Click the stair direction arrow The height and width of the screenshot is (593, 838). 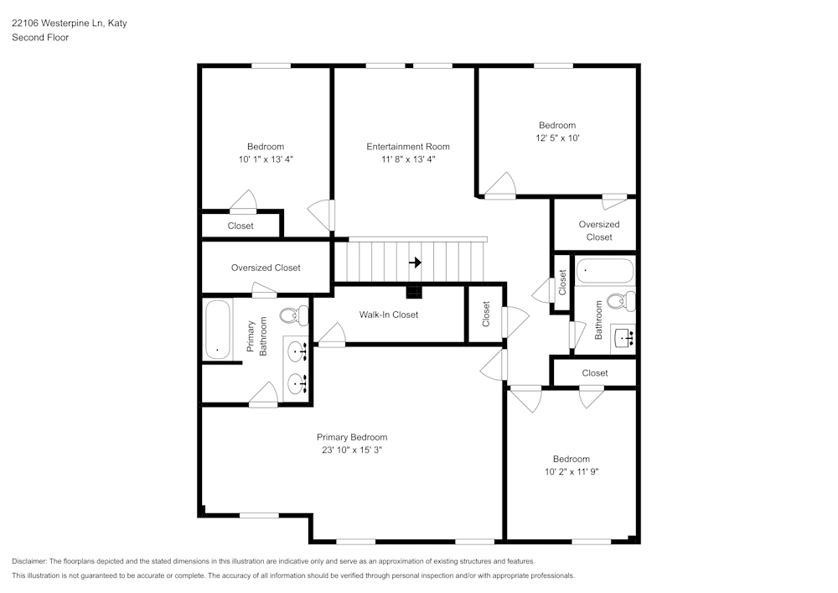click(415, 263)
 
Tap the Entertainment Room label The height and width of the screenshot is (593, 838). click(408, 147)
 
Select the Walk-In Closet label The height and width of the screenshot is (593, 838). click(389, 315)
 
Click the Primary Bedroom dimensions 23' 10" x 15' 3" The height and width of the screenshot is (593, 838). click(352, 450)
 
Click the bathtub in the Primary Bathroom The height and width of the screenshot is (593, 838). click(217, 330)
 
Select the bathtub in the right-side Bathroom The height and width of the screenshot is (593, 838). click(604, 272)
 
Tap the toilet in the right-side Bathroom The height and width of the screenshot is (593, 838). click(621, 300)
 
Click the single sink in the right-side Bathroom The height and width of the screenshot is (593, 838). click(623, 337)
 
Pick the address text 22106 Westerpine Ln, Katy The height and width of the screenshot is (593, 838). click(69, 24)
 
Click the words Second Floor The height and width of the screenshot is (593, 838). click(40, 38)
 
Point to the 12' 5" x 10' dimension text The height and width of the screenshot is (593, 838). click(557, 138)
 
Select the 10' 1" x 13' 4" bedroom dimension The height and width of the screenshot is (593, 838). click(266, 159)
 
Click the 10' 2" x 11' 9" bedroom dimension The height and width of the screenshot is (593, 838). click(571, 471)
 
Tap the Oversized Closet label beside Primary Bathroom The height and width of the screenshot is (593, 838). click(266, 268)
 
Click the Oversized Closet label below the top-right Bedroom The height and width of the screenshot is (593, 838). click(599, 230)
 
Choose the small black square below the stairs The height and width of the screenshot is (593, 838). click(413, 292)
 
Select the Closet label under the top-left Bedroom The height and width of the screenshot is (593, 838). click(241, 226)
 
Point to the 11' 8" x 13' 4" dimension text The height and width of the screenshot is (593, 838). click(408, 159)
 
